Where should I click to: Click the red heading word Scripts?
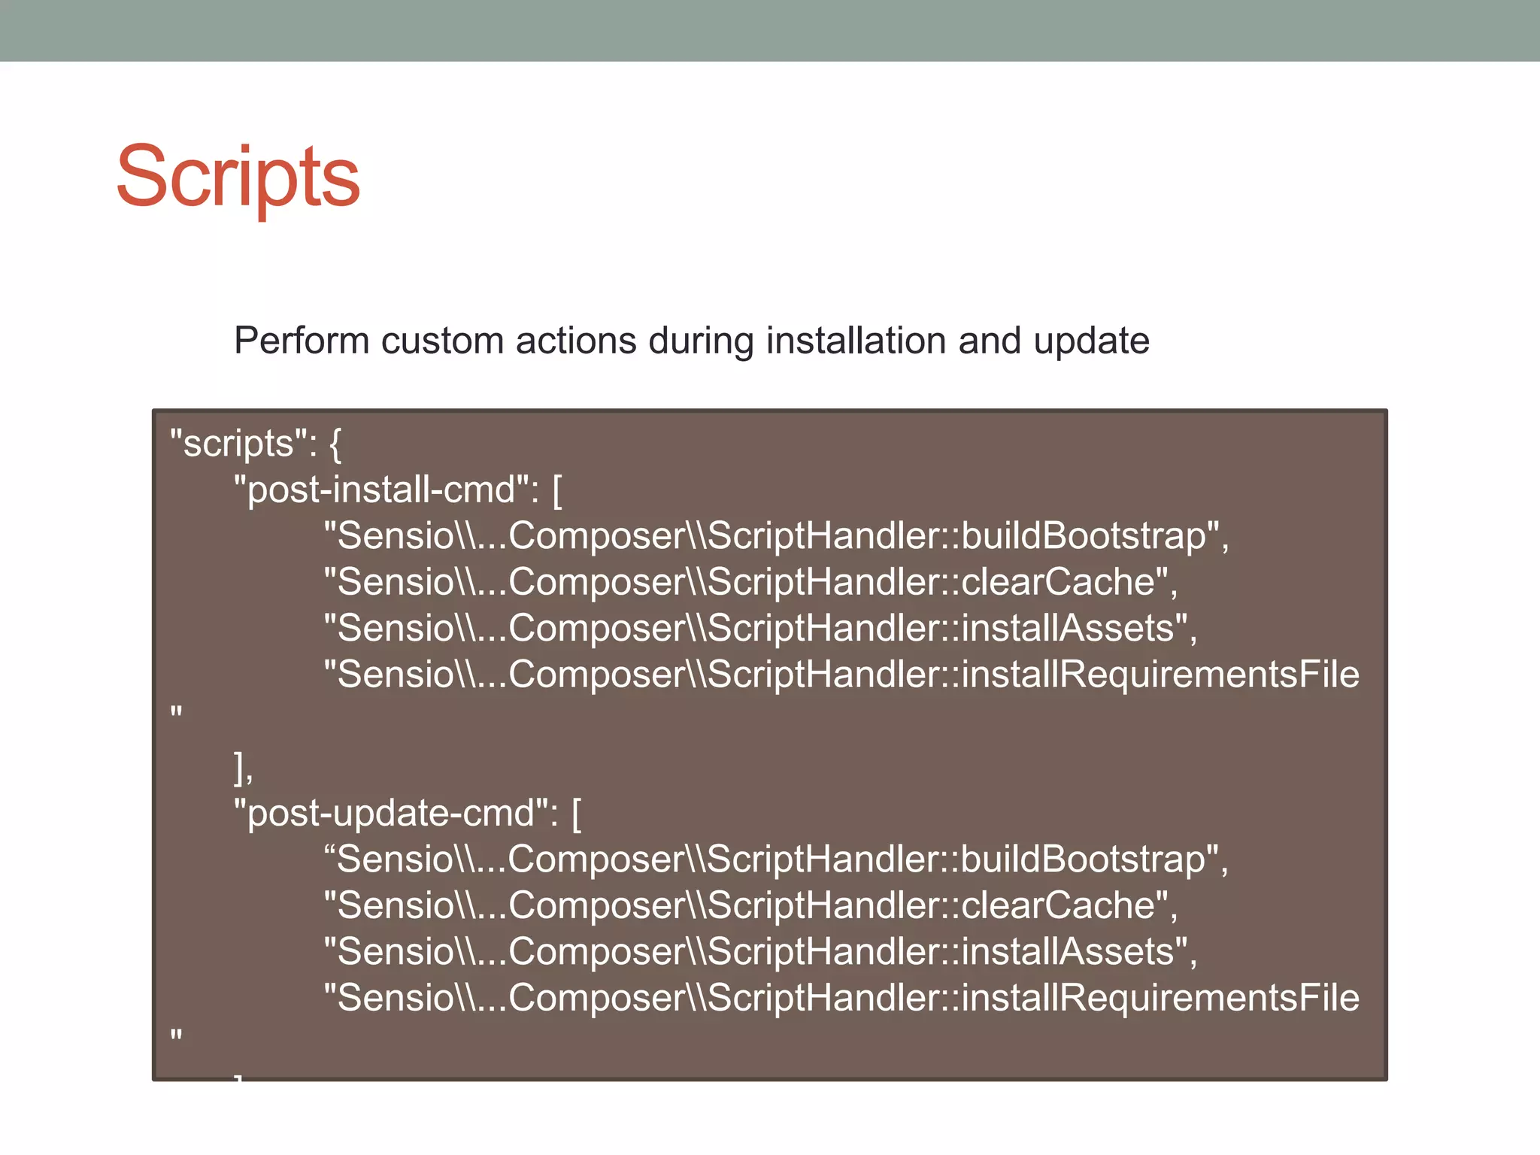pos(238,177)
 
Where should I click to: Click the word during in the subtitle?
pos(701,341)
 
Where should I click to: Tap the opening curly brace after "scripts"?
pos(335,444)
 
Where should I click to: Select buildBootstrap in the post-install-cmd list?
pos(1084,536)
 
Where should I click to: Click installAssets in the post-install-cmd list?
pos(1068,629)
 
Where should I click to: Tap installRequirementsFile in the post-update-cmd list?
pos(1160,998)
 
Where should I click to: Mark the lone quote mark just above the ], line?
pos(177,711)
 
